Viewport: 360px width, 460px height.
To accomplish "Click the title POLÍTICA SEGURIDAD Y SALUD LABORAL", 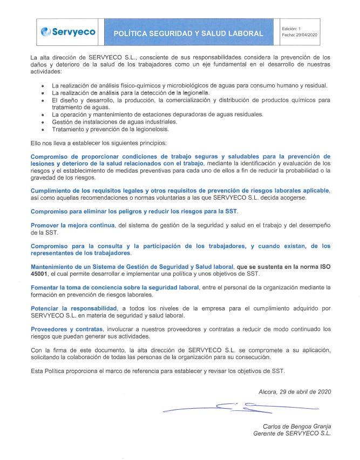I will click(x=188, y=33).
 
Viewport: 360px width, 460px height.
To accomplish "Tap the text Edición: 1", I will click(x=291, y=28).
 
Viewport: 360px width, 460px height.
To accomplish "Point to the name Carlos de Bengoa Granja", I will click(x=297, y=426).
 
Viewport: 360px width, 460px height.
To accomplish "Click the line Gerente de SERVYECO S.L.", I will click(x=292, y=433).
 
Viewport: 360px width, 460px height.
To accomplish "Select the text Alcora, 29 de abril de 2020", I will click(x=295, y=391).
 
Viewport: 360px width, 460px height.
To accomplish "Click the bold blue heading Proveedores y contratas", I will click(x=66, y=329).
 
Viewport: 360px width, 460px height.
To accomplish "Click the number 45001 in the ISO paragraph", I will click(x=41, y=274).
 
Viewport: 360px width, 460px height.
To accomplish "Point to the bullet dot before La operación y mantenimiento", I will click(x=43, y=115).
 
